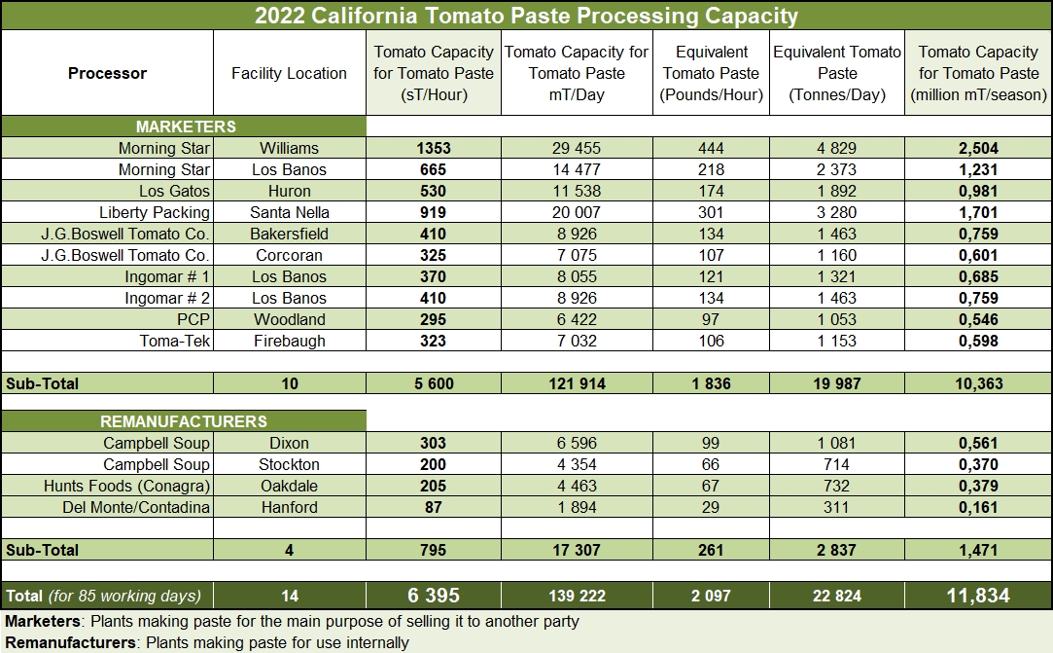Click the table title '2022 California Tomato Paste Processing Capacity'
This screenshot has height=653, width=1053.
click(526, 16)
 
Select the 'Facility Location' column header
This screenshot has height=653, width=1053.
click(289, 73)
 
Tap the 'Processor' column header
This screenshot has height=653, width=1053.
click(107, 73)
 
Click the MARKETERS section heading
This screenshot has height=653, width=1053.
click(185, 127)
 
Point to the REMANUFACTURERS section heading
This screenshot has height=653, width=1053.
click(184, 421)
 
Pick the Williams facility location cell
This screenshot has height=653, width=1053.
click(289, 148)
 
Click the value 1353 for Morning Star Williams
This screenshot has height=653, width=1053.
click(433, 148)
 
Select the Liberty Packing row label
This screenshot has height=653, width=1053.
click(154, 212)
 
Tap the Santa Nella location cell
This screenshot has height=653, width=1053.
click(289, 212)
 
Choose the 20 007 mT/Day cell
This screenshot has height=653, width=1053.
click(577, 212)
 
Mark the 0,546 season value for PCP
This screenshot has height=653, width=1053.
click(977, 319)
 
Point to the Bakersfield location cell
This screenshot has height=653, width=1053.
click(289, 234)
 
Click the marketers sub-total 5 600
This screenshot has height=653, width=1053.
click(433, 383)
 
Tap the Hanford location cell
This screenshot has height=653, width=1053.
click(289, 507)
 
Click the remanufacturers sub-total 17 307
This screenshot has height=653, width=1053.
click(577, 550)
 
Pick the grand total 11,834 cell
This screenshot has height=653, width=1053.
click(977, 596)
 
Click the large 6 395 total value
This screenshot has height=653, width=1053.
click(433, 596)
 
